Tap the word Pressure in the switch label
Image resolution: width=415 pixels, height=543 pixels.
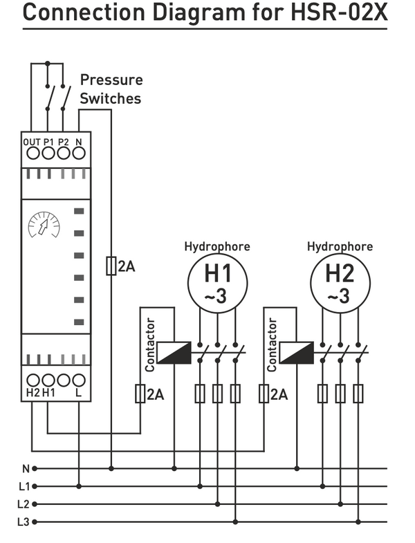coord(111,80)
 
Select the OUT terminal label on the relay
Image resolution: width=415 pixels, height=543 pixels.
coord(32,142)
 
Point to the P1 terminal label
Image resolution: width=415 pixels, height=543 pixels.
coord(49,142)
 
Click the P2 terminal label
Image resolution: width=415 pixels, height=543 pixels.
coord(64,142)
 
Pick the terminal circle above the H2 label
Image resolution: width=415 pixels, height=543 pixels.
coord(33,380)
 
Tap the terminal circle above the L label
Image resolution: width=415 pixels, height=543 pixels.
coord(79,380)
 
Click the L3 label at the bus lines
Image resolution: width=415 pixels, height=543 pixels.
coord(24,522)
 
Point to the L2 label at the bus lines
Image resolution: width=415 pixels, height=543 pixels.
coord(24,504)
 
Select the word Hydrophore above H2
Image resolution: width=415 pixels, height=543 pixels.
coord(340,247)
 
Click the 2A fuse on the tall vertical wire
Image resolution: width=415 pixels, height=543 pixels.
coord(111,266)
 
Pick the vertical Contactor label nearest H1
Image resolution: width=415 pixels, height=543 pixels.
coord(151,344)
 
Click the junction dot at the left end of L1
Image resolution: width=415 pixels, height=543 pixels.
coord(35,486)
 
